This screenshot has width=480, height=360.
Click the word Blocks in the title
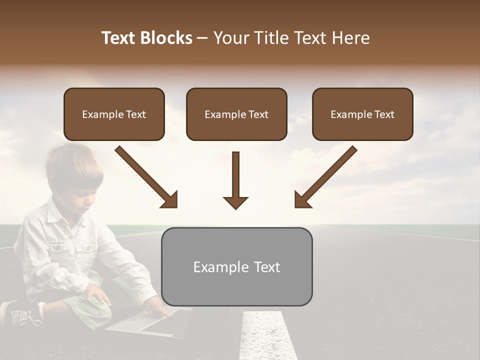click(x=167, y=38)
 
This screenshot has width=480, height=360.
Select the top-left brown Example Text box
click(x=114, y=114)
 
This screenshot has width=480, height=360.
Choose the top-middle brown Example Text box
click(x=236, y=114)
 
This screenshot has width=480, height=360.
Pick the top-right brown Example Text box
click(x=362, y=114)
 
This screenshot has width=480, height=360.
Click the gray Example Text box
click(x=236, y=266)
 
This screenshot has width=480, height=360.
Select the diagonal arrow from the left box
click(x=147, y=177)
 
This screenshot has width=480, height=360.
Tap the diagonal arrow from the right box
click(x=325, y=177)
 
